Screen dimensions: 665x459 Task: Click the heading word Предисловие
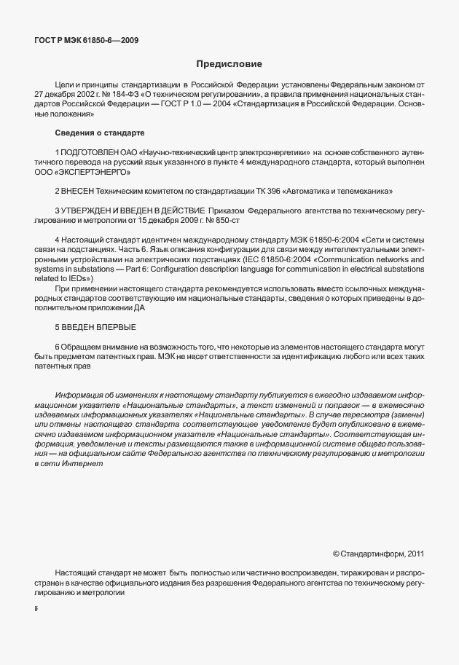[229, 63]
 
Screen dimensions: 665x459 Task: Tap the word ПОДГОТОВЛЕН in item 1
[88, 151]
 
